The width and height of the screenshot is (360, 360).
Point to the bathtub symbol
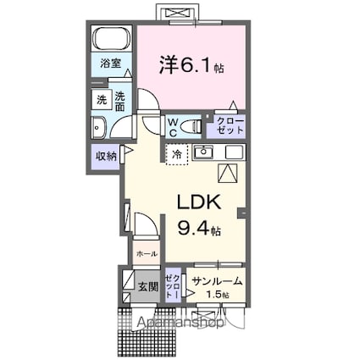[110, 40]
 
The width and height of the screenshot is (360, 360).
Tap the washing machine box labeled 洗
[100, 99]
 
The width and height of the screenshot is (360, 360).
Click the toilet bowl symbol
[192, 126]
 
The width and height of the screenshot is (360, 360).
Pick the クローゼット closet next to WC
[228, 126]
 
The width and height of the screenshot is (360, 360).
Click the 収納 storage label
[106, 156]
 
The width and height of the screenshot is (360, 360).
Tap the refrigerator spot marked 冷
[176, 154]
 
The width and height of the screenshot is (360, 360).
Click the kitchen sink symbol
[204, 152]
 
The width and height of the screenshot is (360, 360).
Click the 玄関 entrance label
[147, 286]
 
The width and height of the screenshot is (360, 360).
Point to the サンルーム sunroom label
[217, 281]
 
